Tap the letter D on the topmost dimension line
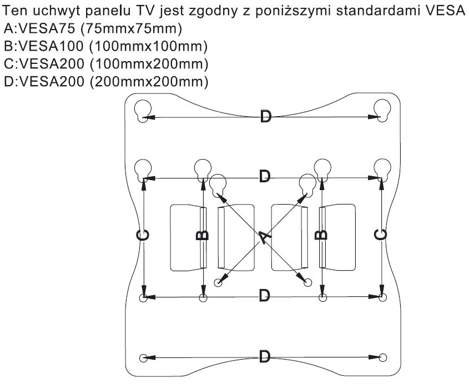266,117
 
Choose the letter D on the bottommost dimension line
266,357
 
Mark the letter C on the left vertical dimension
143,235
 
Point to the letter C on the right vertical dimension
381,235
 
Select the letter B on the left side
203,235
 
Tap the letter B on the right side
321,235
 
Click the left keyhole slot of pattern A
218,183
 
